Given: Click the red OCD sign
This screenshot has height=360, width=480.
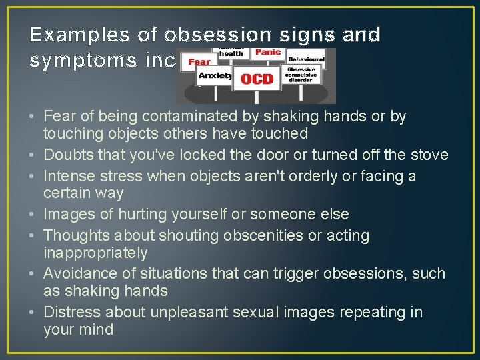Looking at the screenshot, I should pos(257,79).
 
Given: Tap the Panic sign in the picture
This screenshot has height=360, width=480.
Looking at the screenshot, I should pos(268,52).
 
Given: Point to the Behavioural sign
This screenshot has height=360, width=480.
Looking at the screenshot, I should pos(307,59).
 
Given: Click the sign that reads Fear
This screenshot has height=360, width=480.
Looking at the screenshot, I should pos(199,62).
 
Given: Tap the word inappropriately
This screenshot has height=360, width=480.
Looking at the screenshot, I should pos(95,253).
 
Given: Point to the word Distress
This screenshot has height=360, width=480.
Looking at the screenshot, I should pos(70,312).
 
